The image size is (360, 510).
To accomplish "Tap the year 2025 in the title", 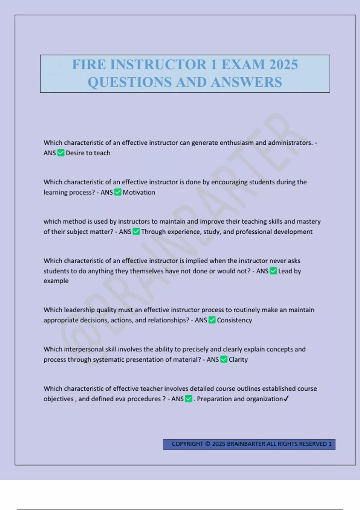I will tap(283, 64).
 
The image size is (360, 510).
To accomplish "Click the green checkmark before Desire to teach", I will tap(61, 153).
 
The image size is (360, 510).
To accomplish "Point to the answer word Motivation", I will tap(139, 192).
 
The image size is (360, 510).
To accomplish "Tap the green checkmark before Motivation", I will tap(118, 192).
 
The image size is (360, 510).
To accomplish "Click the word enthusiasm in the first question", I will tap(236, 143).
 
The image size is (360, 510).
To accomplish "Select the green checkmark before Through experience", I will tap(136, 232).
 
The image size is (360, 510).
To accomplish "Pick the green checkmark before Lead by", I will tap(273, 271).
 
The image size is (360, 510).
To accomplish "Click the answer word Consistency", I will tap(234, 320).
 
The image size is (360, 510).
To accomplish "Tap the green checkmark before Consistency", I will tap(212, 320).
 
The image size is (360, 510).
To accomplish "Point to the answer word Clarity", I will tap(238, 359).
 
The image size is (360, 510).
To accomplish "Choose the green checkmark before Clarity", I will tap(224, 359).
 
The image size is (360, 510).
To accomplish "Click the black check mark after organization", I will tap(286, 399).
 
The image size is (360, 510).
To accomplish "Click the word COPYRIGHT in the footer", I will tap(187, 444).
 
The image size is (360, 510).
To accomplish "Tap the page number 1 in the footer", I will tap(330, 444).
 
